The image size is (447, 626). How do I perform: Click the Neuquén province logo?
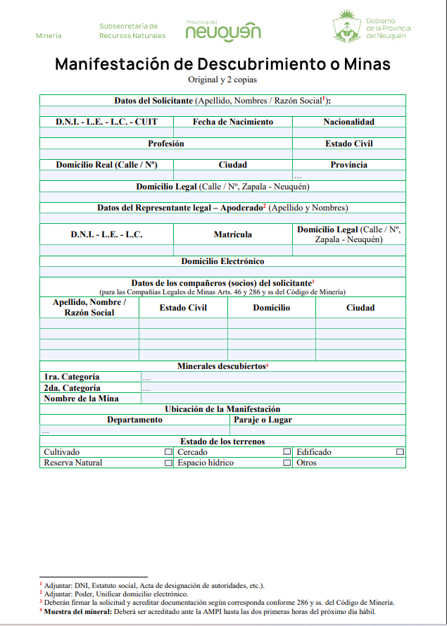(224, 30)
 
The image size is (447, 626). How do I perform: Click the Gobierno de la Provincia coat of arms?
(346, 26)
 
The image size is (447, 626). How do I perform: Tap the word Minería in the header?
(49, 35)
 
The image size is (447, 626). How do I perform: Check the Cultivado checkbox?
(168, 452)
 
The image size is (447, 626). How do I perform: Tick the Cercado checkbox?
(287, 452)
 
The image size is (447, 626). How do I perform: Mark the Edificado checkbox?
(400, 452)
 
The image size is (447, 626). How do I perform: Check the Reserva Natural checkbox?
(168, 463)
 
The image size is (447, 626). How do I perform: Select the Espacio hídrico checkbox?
(287, 463)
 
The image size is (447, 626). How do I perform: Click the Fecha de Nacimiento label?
(233, 122)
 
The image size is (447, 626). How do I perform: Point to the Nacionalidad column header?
(348, 122)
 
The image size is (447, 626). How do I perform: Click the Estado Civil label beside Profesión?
(348, 144)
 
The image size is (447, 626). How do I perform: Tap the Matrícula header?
(233, 234)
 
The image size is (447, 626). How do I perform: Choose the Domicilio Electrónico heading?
(222, 261)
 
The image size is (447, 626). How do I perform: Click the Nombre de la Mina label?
(81, 399)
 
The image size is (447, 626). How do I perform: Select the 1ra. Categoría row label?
(72, 377)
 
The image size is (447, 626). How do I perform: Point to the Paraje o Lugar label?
(263, 420)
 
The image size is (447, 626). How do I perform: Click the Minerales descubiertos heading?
(221, 366)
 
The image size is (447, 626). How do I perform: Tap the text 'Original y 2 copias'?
(222, 80)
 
